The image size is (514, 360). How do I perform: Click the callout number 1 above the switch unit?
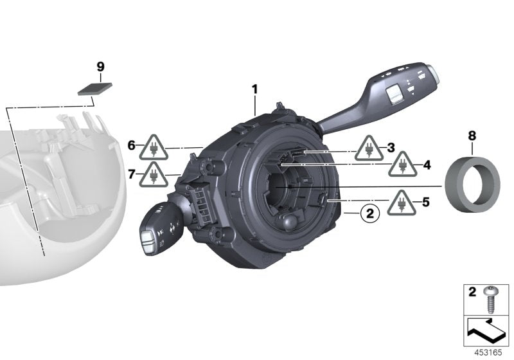tap(254, 90)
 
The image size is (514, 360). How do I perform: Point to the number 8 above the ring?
tap(472, 136)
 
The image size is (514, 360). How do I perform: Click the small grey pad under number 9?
tap(93, 88)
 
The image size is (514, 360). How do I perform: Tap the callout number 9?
tap(100, 67)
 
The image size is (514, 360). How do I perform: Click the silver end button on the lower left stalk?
tap(147, 240)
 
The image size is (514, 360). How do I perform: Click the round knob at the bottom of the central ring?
tap(288, 222)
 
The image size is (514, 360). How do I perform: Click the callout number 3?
tap(390, 148)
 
